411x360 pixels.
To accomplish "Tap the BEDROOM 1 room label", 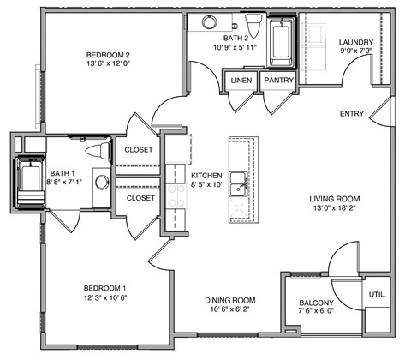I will (105, 288).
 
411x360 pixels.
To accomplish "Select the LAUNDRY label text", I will (354, 42).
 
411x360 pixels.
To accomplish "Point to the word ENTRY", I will (352, 114).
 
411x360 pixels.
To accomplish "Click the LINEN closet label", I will (241, 81).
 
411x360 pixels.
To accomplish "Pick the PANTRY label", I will (279, 81).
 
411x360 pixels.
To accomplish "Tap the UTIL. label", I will (377, 294).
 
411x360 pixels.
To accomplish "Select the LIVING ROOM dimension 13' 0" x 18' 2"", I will (332, 207).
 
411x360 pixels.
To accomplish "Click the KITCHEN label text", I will (206, 174).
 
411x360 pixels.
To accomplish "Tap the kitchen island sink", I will (241, 181).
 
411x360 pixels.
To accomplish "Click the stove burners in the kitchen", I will (176, 197).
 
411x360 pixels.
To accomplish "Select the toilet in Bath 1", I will (99, 151).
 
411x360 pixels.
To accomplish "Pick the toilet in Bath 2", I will (253, 21).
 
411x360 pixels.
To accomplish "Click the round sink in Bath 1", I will (102, 182).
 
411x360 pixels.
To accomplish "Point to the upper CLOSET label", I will (140, 150).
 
